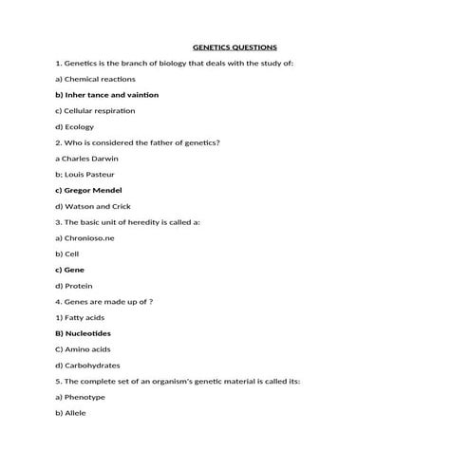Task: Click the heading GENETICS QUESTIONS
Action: [235, 47]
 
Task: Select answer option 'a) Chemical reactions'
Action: [95, 79]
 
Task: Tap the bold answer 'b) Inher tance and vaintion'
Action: [106, 95]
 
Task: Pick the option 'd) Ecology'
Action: [75, 126]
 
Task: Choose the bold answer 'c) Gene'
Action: [70, 270]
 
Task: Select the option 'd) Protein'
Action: [74, 286]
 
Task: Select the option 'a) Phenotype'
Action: [81, 397]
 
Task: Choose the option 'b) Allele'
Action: [71, 413]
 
